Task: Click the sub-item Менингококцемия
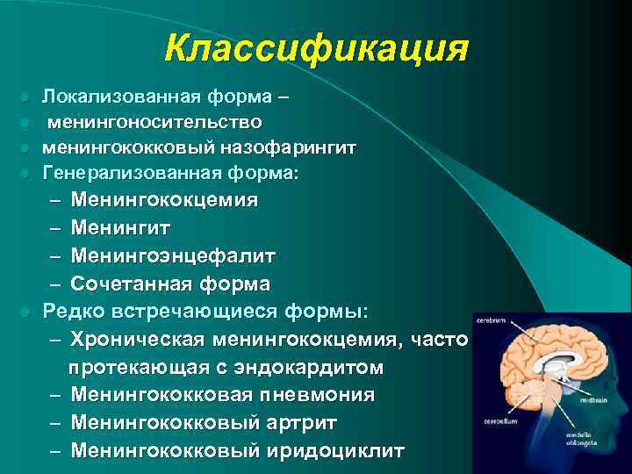(164, 200)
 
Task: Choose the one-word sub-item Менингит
(121, 228)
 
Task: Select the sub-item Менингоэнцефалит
(173, 256)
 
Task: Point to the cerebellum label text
(492, 421)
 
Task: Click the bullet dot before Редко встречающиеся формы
(29, 312)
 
